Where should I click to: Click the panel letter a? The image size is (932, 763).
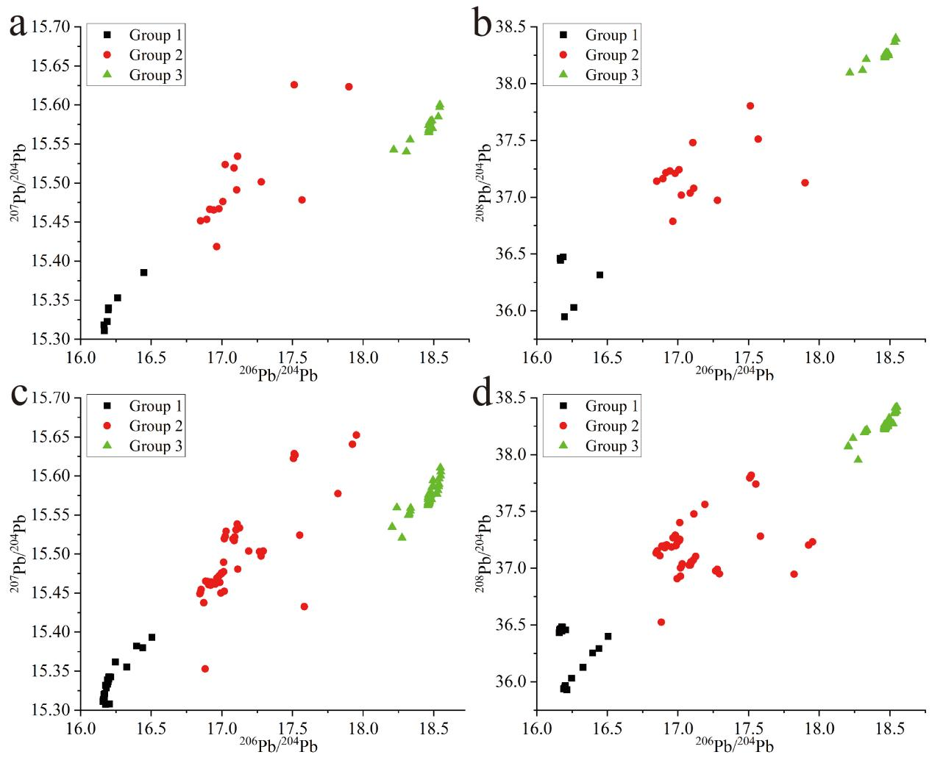tap(18, 25)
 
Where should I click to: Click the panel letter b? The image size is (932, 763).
tap(483, 25)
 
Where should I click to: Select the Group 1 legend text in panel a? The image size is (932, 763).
tap(155, 35)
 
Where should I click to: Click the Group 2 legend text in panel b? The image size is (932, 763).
tap(611, 55)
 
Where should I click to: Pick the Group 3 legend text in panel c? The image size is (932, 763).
tap(155, 446)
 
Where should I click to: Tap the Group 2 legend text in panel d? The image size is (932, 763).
tap(611, 426)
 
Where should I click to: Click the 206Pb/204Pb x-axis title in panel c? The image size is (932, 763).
tap(278, 745)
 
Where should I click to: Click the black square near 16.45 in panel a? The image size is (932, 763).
tap(143, 273)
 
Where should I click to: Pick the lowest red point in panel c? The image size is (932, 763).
tap(205, 669)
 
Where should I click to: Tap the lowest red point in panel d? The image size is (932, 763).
tap(661, 622)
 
